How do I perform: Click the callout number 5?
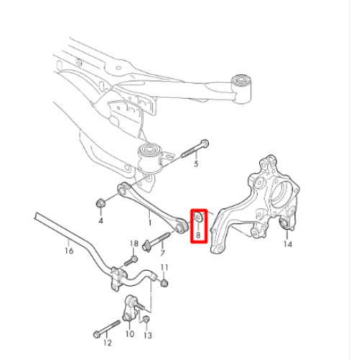click(x=196, y=164)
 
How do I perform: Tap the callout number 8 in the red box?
click(x=198, y=235)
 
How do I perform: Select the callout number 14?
click(x=288, y=244)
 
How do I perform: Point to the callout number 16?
click(x=69, y=251)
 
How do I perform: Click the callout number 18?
click(x=134, y=243)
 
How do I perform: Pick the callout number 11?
click(x=164, y=267)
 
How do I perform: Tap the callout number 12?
click(x=108, y=343)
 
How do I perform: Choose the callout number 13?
click(x=148, y=336)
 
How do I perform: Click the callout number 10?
click(x=130, y=334)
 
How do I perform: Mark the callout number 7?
click(x=163, y=253)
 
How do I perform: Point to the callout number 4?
click(x=101, y=220)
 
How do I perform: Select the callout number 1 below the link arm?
click(x=150, y=222)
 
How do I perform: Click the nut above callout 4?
click(x=100, y=203)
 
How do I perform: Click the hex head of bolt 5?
click(x=204, y=143)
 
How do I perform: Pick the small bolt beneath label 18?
click(x=131, y=261)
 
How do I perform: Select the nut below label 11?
click(x=163, y=283)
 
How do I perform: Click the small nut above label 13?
click(x=146, y=320)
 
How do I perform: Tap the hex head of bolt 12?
click(x=96, y=334)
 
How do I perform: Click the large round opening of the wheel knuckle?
click(x=282, y=195)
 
